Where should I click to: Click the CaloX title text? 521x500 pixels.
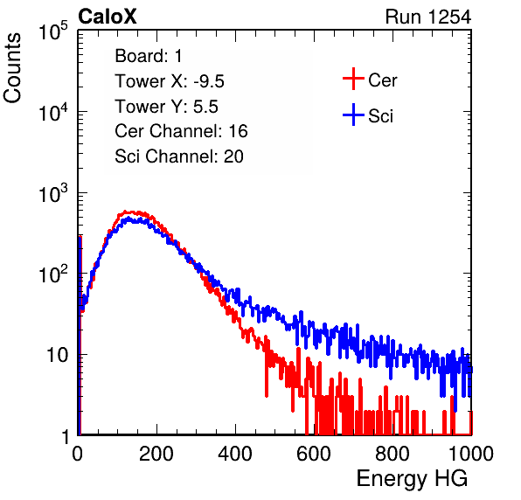pyautogui.click(x=108, y=17)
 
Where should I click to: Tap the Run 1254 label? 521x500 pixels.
pyautogui.click(x=428, y=17)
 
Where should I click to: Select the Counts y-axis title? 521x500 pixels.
pyautogui.click(x=12, y=68)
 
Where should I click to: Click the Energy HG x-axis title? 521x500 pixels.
pyautogui.click(x=412, y=479)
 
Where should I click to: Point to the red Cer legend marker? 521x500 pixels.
pyautogui.click(x=353, y=79)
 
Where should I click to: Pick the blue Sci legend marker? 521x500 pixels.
pyautogui.click(x=353, y=115)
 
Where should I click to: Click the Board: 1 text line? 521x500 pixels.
pyautogui.click(x=149, y=56)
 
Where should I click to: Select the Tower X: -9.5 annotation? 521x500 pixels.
pyautogui.click(x=170, y=81)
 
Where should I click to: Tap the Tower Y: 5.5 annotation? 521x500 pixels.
pyautogui.click(x=166, y=107)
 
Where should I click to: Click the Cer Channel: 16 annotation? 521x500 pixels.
pyautogui.click(x=181, y=131)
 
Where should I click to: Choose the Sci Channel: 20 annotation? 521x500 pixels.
pyautogui.click(x=179, y=156)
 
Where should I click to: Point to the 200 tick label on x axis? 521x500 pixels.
pyautogui.click(x=156, y=454)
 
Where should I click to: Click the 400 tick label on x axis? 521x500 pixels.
pyautogui.click(x=235, y=454)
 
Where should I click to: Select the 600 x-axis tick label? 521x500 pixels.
pyautogui.click(x=314, y=454)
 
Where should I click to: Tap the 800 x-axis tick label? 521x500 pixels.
pyautogui.click(x=392, y=454)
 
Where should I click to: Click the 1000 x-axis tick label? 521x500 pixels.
pyautogui.click(x=471, y=454)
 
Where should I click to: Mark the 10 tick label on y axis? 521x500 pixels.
pyautogui.click(x=57, y=355)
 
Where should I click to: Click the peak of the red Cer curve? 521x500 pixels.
pyautogui.click(x=126, y=212)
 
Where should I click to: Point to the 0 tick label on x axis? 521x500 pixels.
pyautogui.click(x=77, y=454)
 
